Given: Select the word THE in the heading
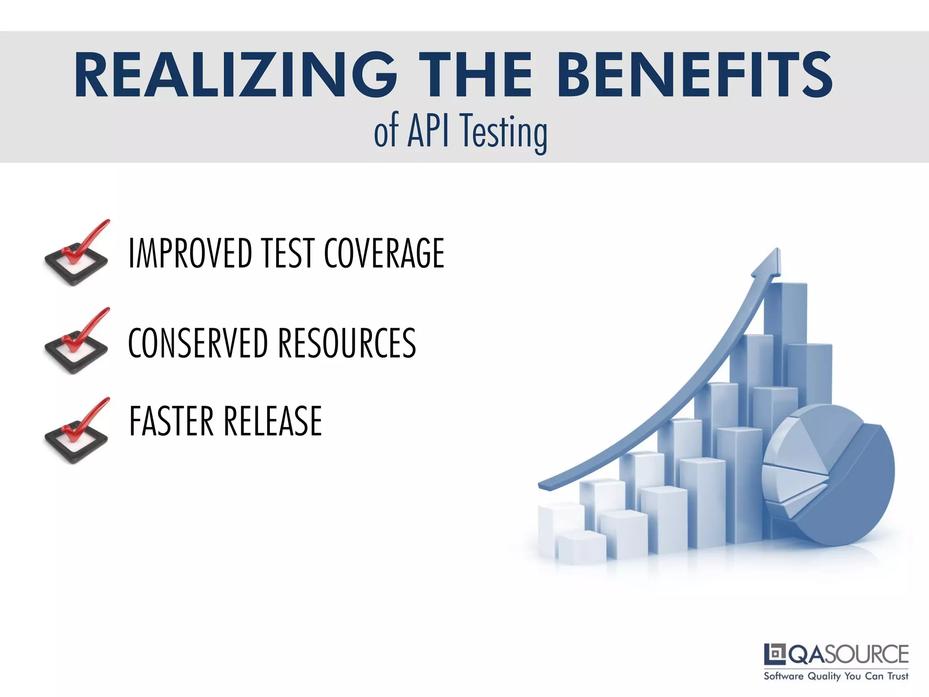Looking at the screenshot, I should tap(475, 75).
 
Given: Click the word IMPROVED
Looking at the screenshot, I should tap(191, 253).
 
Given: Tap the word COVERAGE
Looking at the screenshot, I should tap(384, 253).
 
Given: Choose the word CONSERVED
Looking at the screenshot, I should tap(198, 343).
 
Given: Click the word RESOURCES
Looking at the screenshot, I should tap(347, 343).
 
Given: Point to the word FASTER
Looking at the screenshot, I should tap(171, 421).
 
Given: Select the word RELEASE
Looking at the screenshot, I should tap(273, 421).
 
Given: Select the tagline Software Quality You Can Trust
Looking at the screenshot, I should tap(836, 676).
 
